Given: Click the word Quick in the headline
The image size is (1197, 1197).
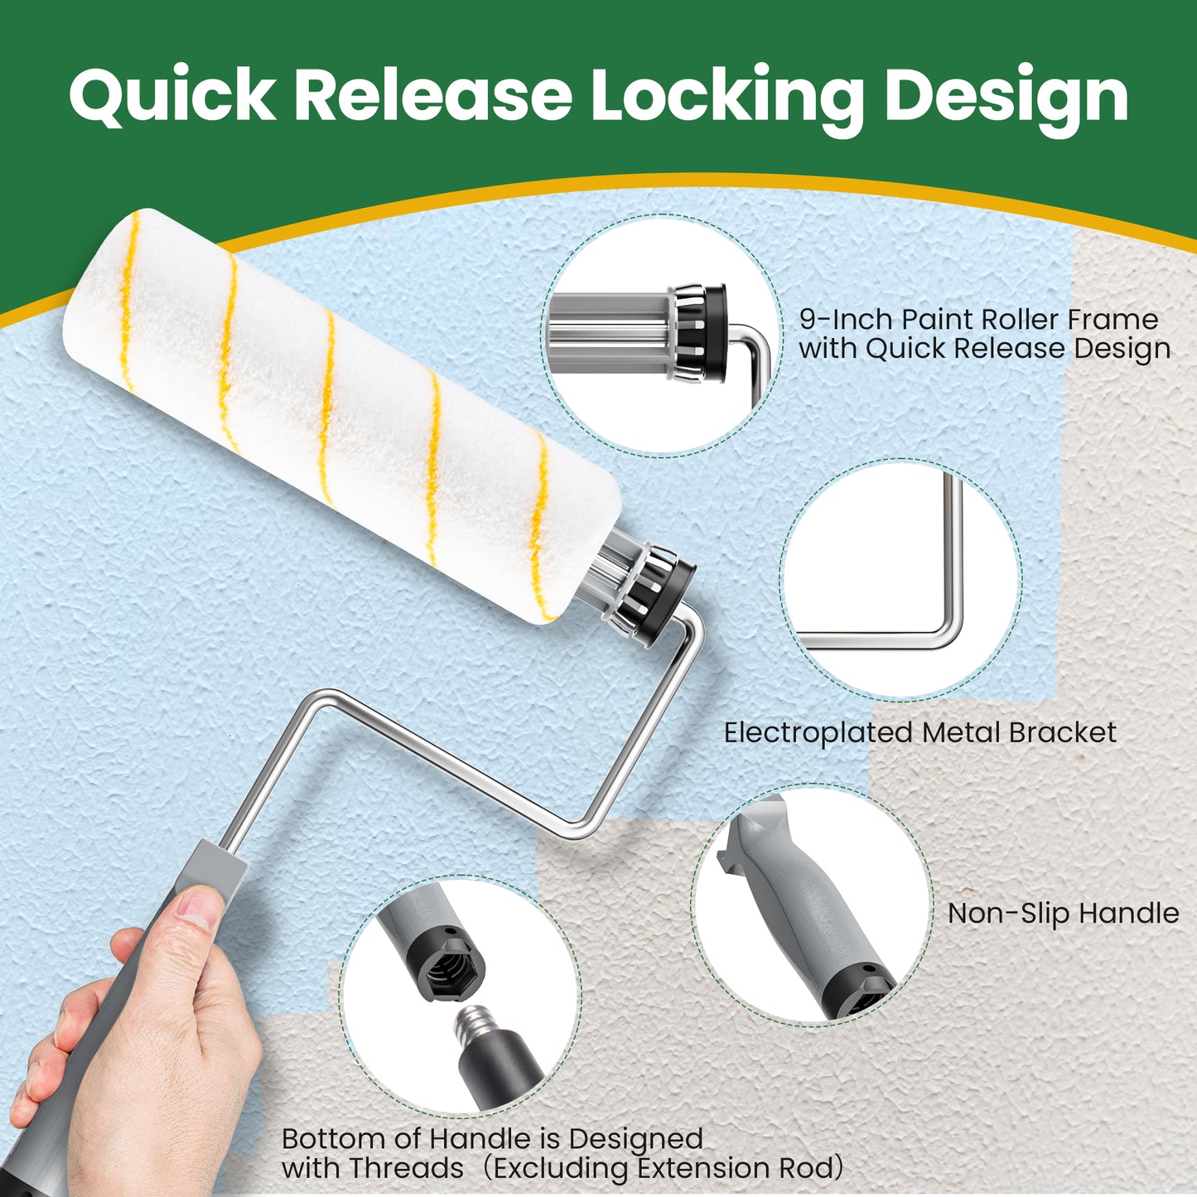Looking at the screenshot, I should coord(171,97).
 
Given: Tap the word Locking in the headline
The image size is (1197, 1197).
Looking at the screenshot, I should coord(726,97).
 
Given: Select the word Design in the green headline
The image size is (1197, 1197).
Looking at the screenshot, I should coord(1006,97).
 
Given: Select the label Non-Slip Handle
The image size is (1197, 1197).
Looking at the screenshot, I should coord(1063,913).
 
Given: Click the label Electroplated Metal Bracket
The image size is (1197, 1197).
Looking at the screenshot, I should coord(919,732).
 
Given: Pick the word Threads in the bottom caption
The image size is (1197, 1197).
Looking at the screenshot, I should coord(406,1168).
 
